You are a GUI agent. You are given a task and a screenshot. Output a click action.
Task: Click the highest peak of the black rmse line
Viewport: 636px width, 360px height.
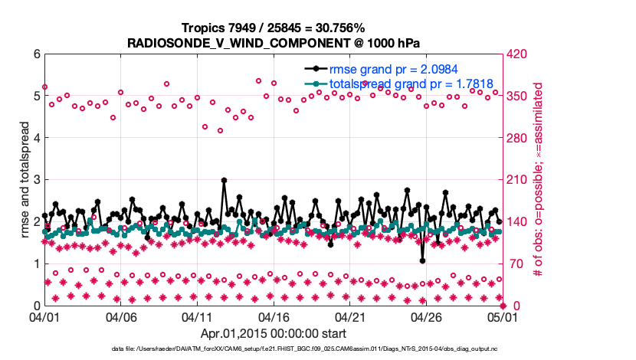click(x=224, y=180)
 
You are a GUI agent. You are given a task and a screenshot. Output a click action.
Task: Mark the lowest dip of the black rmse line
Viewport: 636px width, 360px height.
click(x=423, y=260)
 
